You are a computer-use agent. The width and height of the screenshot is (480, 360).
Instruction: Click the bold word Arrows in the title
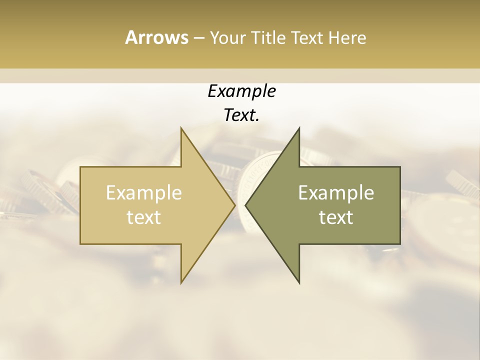(x=156, y=37)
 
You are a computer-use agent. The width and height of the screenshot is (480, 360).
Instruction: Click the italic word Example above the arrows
(x=241, y=91)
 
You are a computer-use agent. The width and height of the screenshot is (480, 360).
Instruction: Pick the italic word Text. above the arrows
(x=241, y=115)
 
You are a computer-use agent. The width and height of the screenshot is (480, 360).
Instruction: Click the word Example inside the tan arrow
(x=143, y=192)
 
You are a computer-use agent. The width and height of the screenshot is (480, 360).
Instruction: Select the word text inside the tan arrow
(x=143, y=217)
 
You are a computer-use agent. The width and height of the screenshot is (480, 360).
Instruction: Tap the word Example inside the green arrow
(x=336, y=192)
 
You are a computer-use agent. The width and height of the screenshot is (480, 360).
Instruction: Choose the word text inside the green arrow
(x=336, y=217)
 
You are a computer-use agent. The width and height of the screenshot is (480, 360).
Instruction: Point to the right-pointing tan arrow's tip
(x=234, y=205)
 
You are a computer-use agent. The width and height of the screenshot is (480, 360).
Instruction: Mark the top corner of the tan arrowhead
(x=181, y=128)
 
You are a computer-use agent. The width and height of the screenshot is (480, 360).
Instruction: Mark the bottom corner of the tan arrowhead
(x=181, y=282)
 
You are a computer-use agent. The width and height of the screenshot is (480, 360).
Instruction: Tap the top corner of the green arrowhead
(x=299, y=128)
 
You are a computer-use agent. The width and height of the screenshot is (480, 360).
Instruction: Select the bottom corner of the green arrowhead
(x=299, y=282)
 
